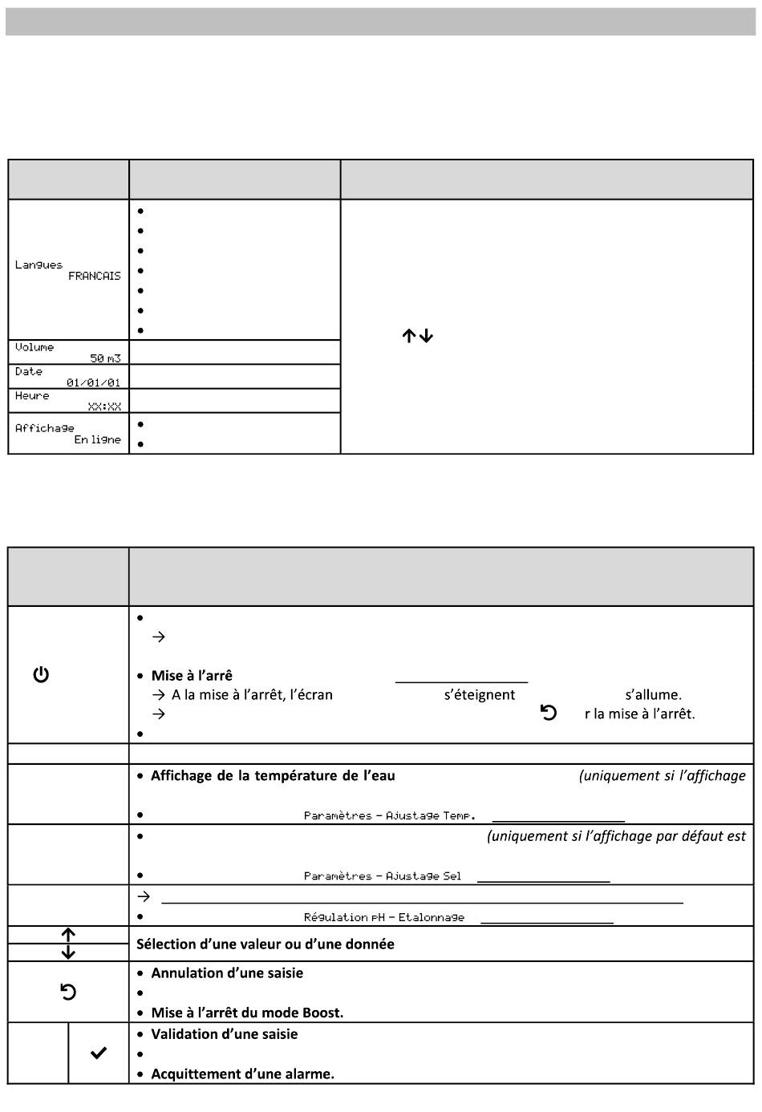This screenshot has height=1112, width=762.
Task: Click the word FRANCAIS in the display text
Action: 94,276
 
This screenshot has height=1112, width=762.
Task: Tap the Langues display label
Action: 39,265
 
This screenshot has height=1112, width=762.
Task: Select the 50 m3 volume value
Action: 105,358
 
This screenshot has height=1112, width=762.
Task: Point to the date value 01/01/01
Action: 93,382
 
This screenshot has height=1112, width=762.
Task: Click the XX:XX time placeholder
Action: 104,406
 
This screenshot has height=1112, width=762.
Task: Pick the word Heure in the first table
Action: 32,395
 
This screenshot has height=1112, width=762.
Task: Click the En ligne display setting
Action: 97,439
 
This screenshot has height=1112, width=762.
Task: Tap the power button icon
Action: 41,675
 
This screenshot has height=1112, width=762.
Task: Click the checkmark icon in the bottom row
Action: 98,1053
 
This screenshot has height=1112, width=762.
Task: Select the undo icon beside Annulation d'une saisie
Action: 68,993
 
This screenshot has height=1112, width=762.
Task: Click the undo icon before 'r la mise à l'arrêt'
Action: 549,713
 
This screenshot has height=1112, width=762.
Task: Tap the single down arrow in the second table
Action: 68,952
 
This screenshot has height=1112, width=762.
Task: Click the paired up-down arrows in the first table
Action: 417,337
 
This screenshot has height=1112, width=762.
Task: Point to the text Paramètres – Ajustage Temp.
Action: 390,815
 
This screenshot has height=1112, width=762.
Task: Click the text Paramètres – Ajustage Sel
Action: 383,876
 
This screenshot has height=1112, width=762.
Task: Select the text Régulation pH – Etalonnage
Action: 384,917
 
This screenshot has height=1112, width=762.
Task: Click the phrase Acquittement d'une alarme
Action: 242,1074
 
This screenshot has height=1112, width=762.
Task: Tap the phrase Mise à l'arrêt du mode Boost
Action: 247,1013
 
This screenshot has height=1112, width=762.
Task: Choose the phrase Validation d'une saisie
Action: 225,1033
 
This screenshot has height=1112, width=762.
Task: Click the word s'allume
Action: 653,694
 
